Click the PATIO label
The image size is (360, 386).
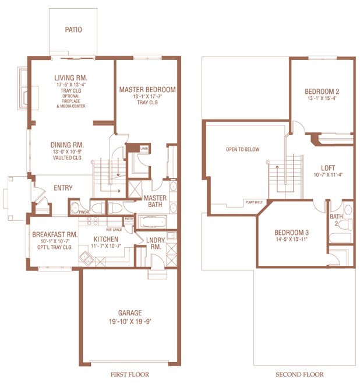click(73, 29)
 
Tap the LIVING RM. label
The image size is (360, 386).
click(71, 77)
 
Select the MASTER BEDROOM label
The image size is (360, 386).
click(147, 90)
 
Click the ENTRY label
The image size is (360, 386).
click(63, 188)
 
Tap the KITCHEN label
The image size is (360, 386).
click(105, 239)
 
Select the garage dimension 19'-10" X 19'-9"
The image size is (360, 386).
click(129, 321)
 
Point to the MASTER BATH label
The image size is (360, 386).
click(156, 201)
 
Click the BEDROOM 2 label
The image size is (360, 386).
click(322, 92)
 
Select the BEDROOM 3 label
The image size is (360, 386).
click(292, 233)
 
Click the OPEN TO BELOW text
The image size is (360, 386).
click(242, 149)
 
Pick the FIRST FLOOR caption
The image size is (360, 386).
click(130, 374)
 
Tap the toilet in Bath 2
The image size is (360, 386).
click(348, 225)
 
